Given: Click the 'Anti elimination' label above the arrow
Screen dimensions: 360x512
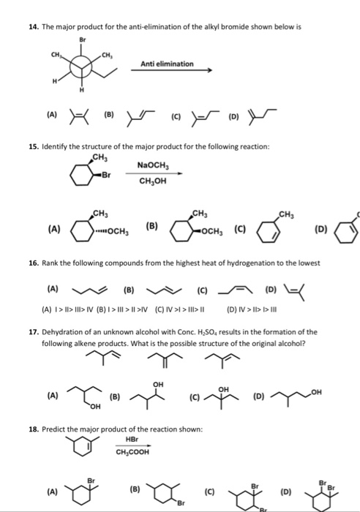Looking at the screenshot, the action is tap(168, 64).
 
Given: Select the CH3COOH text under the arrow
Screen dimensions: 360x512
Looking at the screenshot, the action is tap(132, 451).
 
